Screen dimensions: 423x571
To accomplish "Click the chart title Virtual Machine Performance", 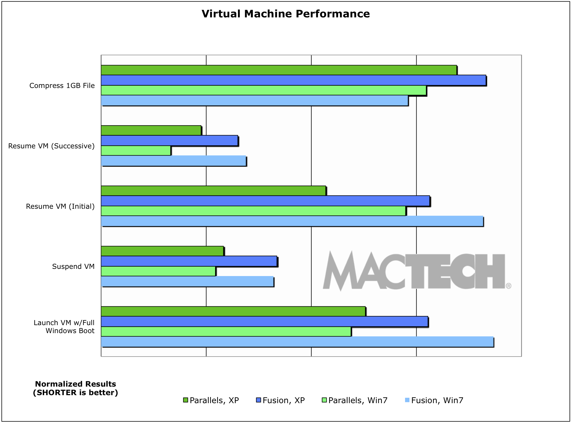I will coord(285,14).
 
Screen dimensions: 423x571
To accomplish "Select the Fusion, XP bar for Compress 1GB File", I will coord(293,80).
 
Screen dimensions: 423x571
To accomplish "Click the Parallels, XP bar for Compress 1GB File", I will coord(278,70).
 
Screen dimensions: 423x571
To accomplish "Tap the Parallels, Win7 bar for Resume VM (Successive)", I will coord(136,151).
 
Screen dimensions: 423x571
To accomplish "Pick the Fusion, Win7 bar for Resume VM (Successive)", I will coord(173,161).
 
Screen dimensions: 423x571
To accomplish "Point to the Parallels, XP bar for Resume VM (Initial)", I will coord(213,191).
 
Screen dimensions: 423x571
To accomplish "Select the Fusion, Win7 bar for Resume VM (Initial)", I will coord(292,221).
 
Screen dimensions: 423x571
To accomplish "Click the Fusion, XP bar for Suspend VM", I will coord(189,261).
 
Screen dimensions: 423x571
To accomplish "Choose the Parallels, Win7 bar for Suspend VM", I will coord(158,271).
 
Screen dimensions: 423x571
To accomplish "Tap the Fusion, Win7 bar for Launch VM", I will coord(297,342).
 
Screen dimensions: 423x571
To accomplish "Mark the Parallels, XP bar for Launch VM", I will coord(233,311).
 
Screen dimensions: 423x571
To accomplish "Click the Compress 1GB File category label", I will coord(62,86).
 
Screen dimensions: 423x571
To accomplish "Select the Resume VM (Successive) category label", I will coord(51,146).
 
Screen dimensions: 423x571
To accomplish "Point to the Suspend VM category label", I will coord(73,267).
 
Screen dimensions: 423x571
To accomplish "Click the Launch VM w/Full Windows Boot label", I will coord(64,327).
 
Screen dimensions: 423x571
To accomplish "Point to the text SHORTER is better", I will coord(75,393).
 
